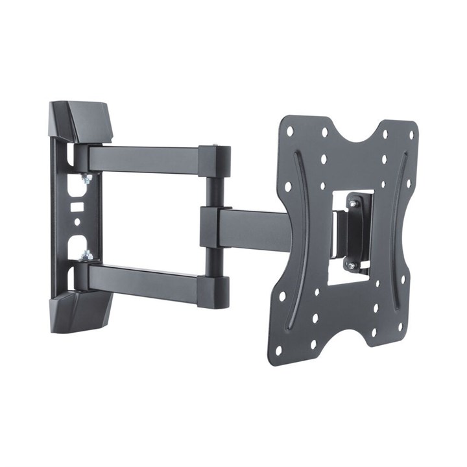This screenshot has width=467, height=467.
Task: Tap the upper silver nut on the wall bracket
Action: [85, 178]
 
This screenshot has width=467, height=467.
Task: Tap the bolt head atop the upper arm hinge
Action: [215, 147]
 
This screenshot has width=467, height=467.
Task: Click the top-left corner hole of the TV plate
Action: [290, 131]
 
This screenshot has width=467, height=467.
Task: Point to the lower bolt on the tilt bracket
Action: [351, 265]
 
